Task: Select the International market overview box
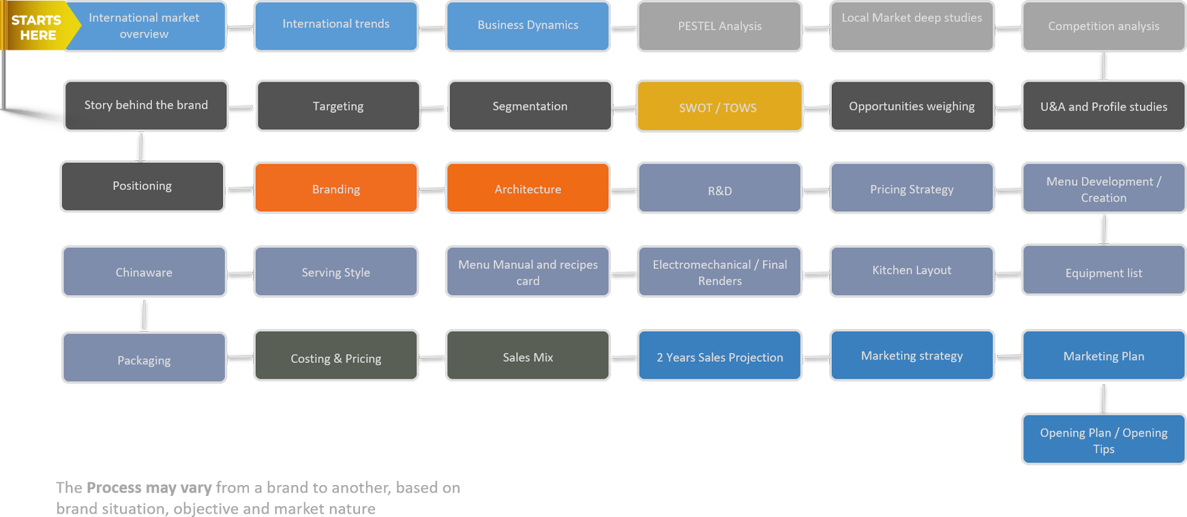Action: click(x=145, y=26)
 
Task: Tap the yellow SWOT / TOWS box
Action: click(x=719, y=106)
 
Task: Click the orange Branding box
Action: click(x=335, y=188)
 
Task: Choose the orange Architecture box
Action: click(x=528, y=188)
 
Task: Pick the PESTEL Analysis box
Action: click(x=719, y=26)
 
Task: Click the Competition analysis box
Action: click(x=1103, y=26)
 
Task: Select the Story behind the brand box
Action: click(x=146, y=106)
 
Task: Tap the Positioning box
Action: click(x=142, y=186)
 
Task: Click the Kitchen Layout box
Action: click(x=912, y=270)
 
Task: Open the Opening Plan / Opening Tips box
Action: click(x=1103, y=439)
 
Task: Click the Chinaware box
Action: click(x=144, y=272)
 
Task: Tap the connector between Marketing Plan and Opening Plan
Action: click(x=1103, y=397)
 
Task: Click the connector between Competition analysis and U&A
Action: click(x=1103, y=66)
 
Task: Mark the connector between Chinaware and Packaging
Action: click(x=144, y=315)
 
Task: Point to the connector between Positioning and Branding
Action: click(x=239, y=190)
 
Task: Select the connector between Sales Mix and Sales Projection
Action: click(x=624, y=358)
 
